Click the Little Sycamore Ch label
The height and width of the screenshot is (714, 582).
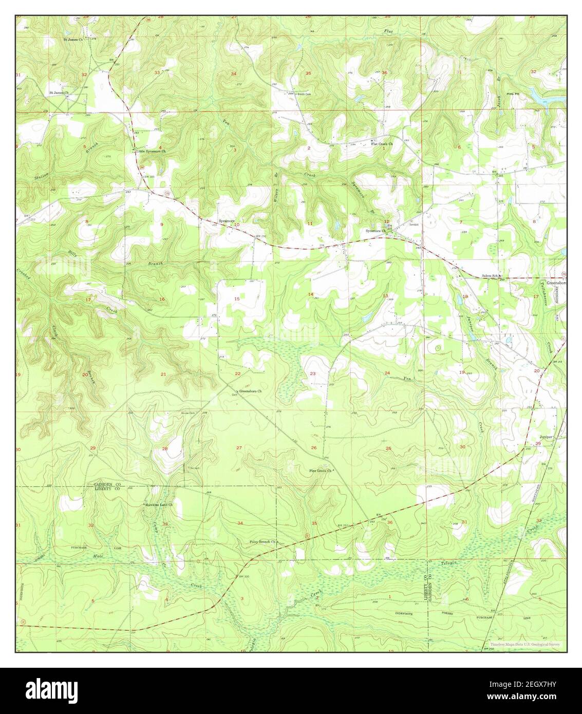pyautogui.click(x=148, y=152)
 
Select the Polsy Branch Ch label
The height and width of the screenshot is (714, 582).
pyautogui.click(x=263, y=541)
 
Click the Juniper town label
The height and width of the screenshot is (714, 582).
pyautogui.click(x=546, y=437)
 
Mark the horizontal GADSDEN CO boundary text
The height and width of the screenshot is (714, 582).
pyautogui.click(x=106, y=484)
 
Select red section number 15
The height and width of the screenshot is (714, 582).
pyautogui.click(x=237, y=299)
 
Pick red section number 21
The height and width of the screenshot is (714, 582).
pyautogui.click(x=163, y=374)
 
